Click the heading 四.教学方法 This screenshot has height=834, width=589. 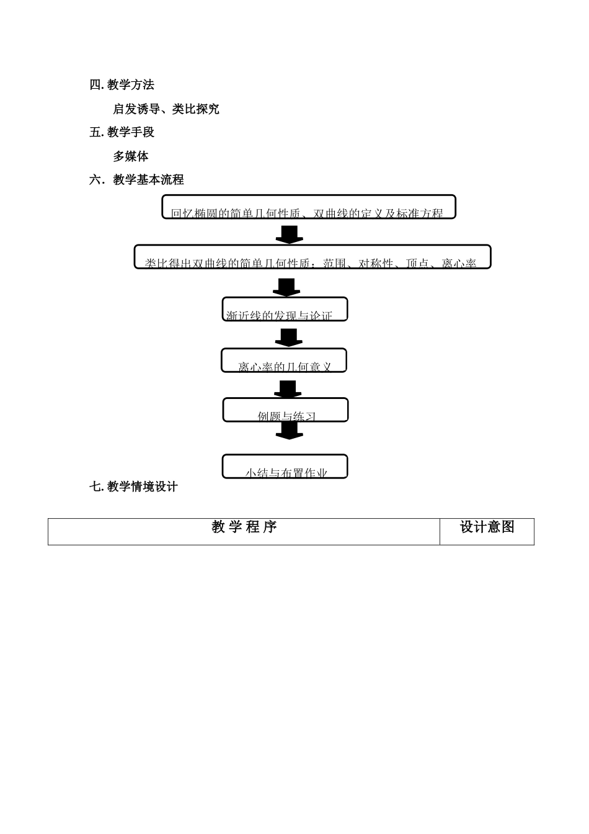[122, 85]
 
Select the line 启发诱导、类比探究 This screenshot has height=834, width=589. [166, 109]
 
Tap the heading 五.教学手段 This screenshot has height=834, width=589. [122, 132]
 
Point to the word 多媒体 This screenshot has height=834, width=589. [131, 156]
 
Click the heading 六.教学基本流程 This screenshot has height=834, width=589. [137, 180]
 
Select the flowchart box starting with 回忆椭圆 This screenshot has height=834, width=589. [309, 207]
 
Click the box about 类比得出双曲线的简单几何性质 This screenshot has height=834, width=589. [312, 257]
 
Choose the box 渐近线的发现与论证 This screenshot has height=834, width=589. [285, 309]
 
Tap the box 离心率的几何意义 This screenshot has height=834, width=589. [284, 361]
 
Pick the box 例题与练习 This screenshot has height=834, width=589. [285, 410]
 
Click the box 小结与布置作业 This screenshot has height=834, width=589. [285, 467]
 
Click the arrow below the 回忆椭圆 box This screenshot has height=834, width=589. [289, 234]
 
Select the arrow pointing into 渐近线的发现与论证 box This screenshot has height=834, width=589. [286, 287]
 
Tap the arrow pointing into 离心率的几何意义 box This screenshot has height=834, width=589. [288, 337]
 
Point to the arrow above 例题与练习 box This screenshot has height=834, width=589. [288, 388]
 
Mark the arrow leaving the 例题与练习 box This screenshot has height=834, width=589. [289, 431]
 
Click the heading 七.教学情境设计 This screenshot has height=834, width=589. [134, 487]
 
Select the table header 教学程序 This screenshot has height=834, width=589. [244, 527]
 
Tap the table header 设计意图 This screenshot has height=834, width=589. [487, 527]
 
